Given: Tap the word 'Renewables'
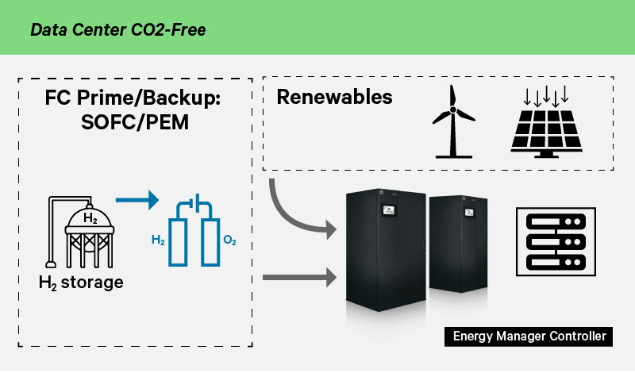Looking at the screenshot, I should [x=334, y=98].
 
